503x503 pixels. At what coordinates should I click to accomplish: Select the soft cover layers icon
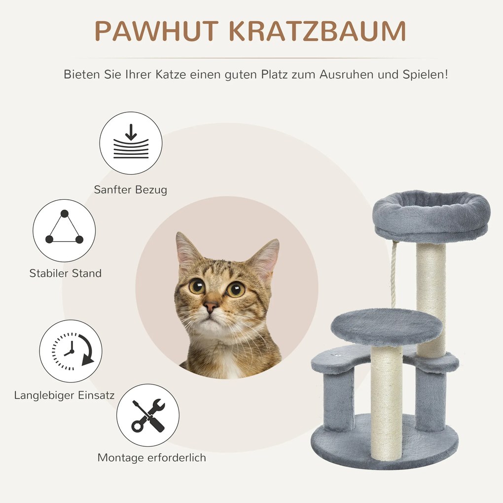(131, 143)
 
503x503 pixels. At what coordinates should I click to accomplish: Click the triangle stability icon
(64, 230)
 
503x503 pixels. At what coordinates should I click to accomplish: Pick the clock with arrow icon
(71, 351)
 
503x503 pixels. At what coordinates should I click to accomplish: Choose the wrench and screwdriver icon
(148, 416)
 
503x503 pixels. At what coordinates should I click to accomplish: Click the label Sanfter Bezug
(131, 190)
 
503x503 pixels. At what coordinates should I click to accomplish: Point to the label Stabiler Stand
(65, 273)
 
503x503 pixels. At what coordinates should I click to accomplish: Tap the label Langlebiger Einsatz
(65, 395)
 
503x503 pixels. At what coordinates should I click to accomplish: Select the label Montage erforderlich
(151, 458)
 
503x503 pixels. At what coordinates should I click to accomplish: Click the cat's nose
(211, 307)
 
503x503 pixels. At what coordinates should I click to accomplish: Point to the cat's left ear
(187, 252)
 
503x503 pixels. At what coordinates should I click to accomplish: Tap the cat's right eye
(235, 289)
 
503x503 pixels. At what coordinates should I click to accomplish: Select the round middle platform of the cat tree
(386, 327)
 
